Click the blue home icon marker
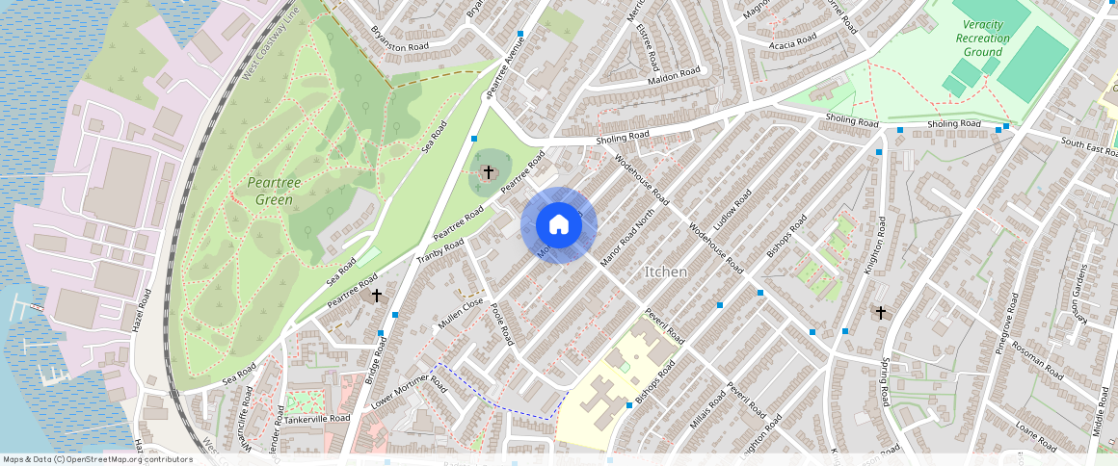(x=559, y=225)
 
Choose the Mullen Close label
(x=460, y=313)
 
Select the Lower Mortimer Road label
(x=409, y=392)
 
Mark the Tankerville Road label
(x=318, y=419)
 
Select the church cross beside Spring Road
(x=879, y=312)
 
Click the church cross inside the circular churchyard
(x=489, y=172)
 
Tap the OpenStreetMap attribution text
(x=98, y=459)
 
